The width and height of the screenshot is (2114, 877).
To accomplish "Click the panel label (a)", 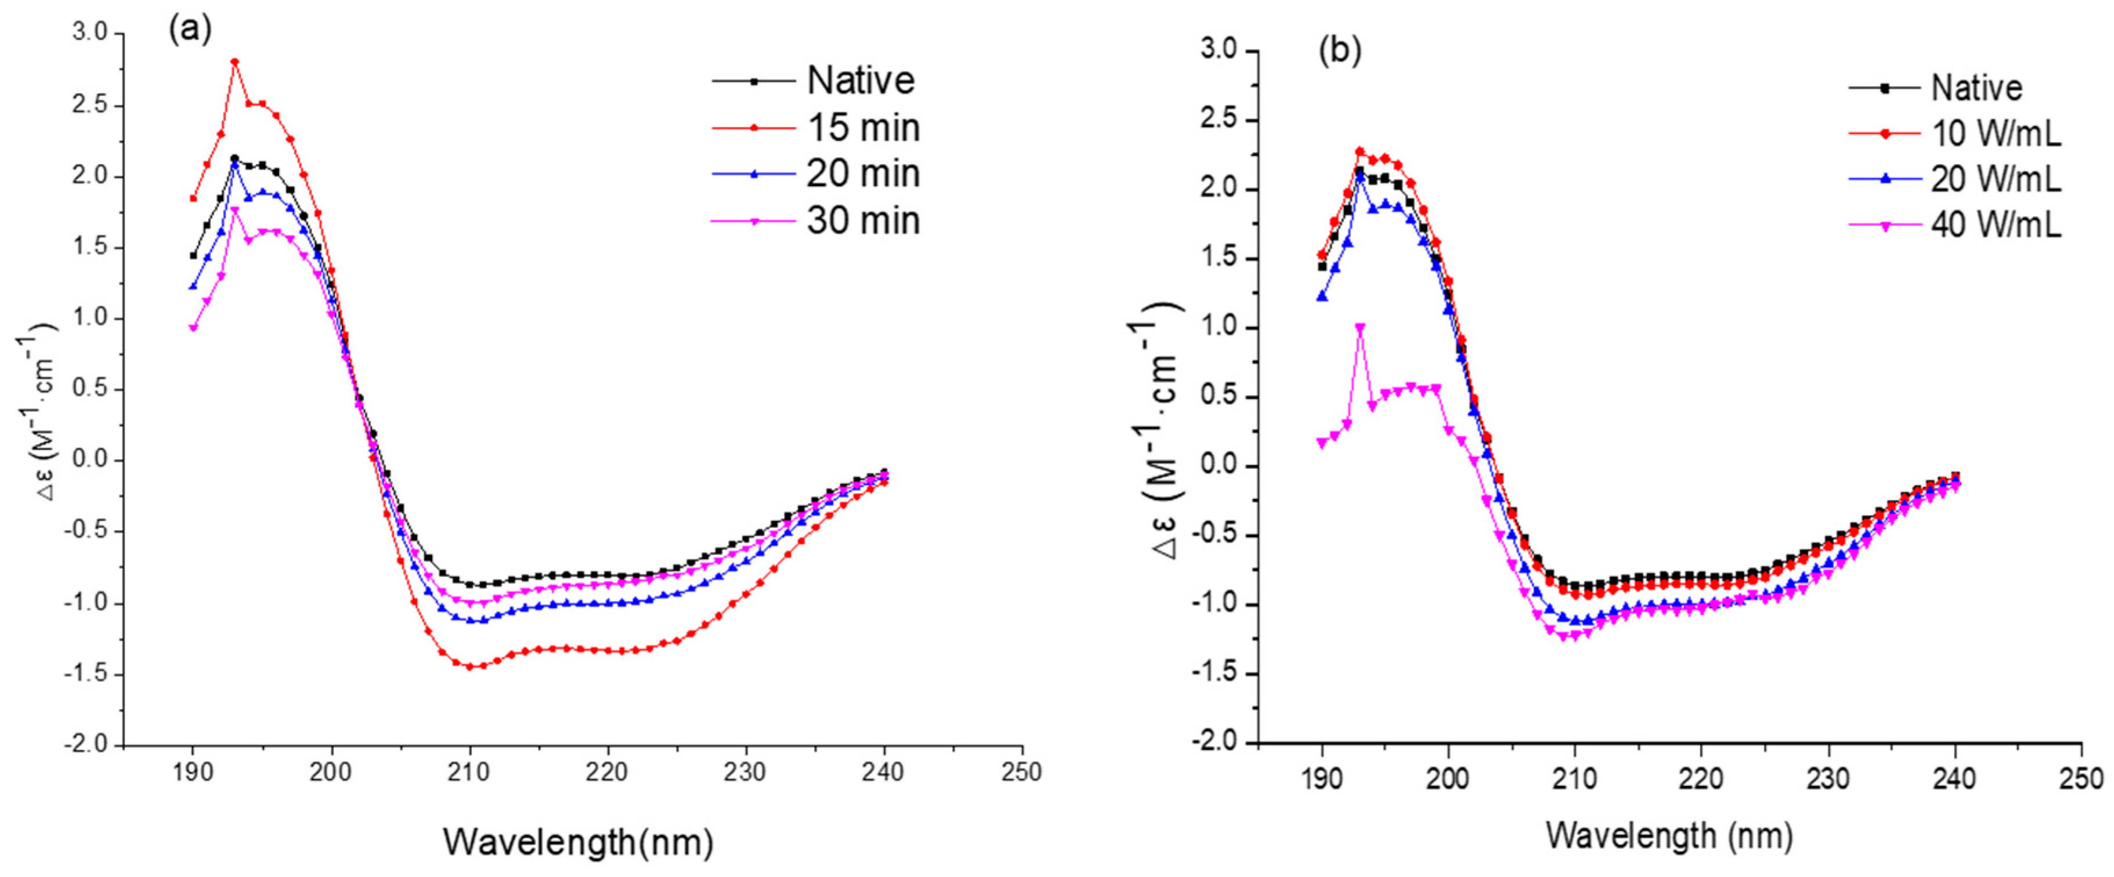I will click(x=190, y=30).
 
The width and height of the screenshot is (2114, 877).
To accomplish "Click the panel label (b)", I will click(x=1339, y=51).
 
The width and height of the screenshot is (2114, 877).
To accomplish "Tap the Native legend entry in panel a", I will click(x=860, y=81).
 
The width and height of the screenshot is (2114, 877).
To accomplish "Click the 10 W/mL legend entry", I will click(x=1995, y=133).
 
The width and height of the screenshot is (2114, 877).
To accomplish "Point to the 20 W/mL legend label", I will click(x=1995, y=179).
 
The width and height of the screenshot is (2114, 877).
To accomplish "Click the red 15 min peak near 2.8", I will click(x=234, y=61).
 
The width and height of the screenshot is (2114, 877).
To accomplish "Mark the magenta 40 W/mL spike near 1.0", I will click(x=1360, y=327).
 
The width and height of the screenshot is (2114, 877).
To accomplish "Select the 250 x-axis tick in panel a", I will click(x=1022, y=772).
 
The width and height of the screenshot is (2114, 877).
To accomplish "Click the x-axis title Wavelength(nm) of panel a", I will click(x=579, y=842).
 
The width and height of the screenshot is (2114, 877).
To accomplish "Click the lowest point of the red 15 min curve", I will click(x=469, y=666).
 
